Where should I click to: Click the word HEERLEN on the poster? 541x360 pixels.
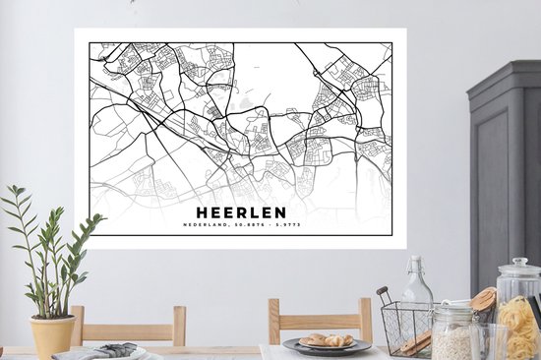coord(240,211)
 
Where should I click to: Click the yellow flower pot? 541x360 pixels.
coord(52,334)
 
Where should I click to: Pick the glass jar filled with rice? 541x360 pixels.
coord(453,334)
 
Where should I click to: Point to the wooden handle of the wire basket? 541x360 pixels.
coord(383,295)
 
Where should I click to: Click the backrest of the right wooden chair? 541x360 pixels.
coord(321,319)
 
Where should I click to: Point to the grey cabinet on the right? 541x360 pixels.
coord(505,167)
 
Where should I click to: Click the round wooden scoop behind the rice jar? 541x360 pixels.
coord(484,297)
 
